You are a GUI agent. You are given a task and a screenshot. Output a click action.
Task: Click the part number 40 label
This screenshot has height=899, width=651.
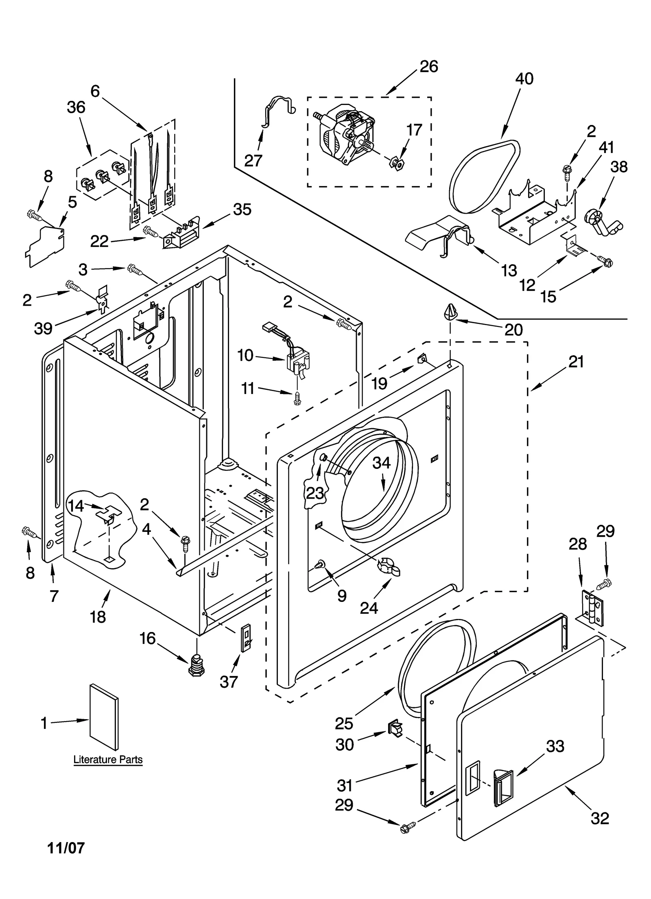click(x=524, y=79)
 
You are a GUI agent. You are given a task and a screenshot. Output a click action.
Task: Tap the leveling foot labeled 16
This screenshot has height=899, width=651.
click(x=197, y=665)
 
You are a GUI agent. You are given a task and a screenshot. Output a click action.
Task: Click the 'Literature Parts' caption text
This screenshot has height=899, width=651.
click(x=108, y=759)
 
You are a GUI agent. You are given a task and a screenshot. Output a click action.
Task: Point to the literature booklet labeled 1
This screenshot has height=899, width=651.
click(x=105, y=716)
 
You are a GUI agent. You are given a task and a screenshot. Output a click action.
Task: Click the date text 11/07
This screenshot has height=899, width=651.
click(x=66, y=848)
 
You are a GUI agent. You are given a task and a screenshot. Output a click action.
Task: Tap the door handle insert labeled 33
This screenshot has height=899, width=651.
click(x=503, y=787)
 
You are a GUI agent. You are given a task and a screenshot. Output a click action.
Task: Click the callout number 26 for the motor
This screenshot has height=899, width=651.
click(x=428, y=66)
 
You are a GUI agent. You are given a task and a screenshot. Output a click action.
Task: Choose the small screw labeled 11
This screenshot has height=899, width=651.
click(x=297, y=398)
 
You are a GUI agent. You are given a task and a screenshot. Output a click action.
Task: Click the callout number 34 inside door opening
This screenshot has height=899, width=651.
click(x=381, y=463)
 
